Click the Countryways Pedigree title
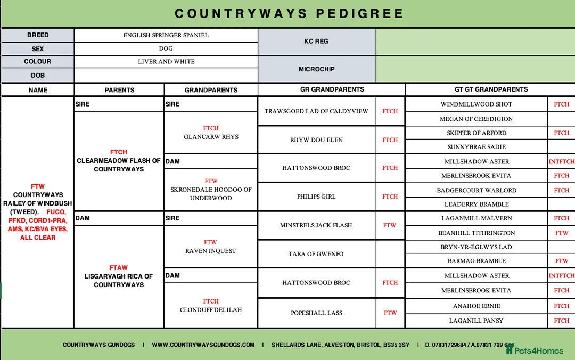tap(289, 13)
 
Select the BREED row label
tap(38, 35)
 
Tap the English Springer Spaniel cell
tap(166, 35)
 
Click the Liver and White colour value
tap(166, 62)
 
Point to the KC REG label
tap(316, 41)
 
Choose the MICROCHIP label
tap(316, 69)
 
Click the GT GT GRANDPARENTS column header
tap(491, 89)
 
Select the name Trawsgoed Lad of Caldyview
tap(316, 111)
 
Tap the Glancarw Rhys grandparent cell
tap(211, 137)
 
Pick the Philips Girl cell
tap(316, 197)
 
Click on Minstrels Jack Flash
tap(316, 225)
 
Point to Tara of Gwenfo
tap(316, 254)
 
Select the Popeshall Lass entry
tap(316, 313)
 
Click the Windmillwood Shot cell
tap(477, 104)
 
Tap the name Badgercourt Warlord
tap(477, 190)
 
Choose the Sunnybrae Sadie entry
tap(477, 147)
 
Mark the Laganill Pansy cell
tap(477, 321)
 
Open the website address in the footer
tap(203, 345)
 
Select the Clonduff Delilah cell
tap(211, 310)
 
